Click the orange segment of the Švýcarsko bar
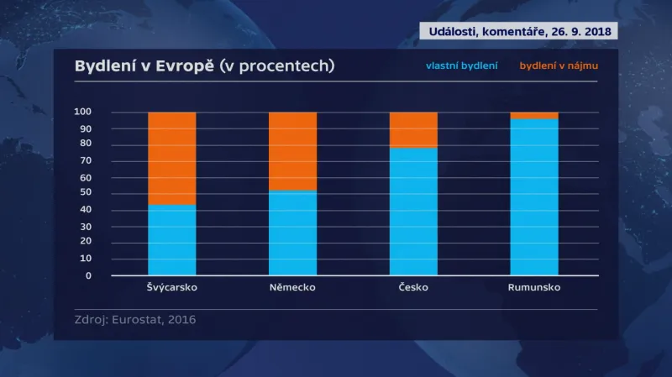click(171, 158)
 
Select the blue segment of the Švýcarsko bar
click(171, 240)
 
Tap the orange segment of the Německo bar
click(292, 151)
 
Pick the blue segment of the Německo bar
click(292, 233)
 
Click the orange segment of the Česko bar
click(413, 129)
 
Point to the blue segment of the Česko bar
click(413, 212)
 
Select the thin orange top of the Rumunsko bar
click(534, 115)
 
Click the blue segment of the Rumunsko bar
click(534, 197)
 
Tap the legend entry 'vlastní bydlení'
click(461, 65)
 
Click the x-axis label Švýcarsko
click(171, 287)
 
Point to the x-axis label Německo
click(292, 287)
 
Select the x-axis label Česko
click(413, 287)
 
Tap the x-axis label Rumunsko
click(534, 287)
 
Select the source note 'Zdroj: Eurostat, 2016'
click(134, 319)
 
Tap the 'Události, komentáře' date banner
click(518, 31)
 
